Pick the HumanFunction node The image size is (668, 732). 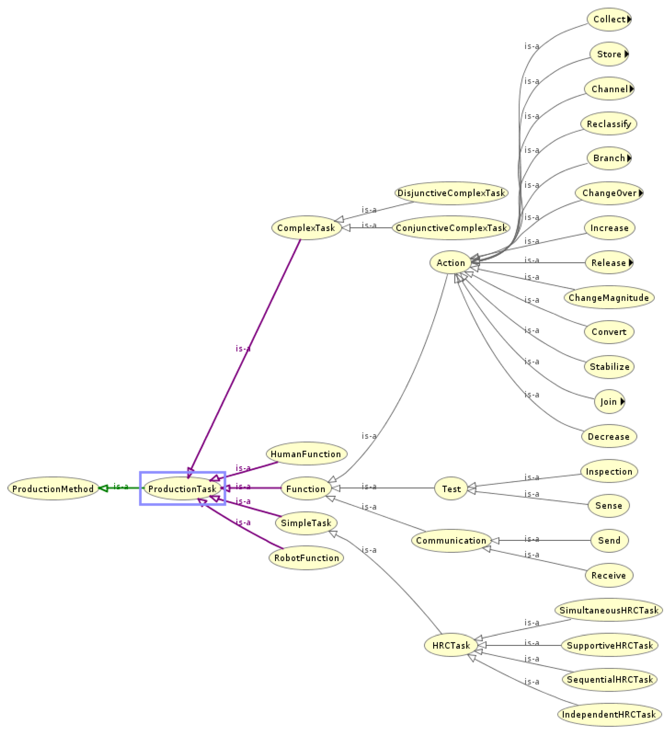pos(306,454)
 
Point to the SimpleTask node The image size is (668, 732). pos(306,523)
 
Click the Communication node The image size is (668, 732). pos(451,540)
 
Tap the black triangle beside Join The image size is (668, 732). pos(623,402)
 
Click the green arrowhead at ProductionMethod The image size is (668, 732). pos(103,488)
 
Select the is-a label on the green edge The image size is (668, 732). pos(121,486)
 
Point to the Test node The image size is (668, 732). pos(451,489)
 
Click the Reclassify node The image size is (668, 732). pos(609,124)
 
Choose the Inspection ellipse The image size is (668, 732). pos(609,471)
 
